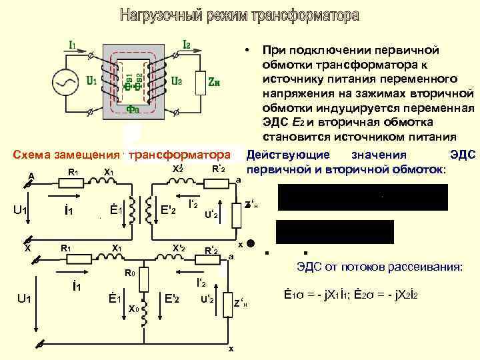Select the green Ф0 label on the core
(132, 109)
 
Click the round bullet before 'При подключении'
(247, 50)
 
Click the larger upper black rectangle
(363, 198)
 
